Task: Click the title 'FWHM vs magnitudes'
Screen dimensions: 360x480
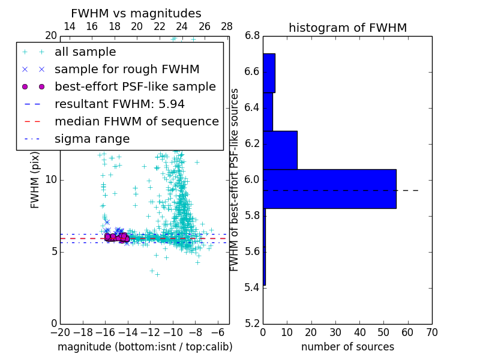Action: click(x=136, y=14)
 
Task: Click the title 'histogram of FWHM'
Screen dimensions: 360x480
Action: click(x=347, y=28)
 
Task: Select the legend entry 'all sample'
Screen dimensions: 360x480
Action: click(x=85, y=52)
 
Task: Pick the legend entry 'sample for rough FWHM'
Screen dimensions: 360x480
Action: click(x=127, y=69)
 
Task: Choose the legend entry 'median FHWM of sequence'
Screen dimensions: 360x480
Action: click(x=136, y=121)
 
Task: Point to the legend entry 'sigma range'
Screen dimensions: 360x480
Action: click(x=92, y=139)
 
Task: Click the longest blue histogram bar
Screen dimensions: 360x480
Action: click(x=329, y=188)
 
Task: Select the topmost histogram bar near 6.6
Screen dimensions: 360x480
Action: click(x=269, y=73)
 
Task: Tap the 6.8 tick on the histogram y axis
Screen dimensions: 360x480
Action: click(x=253, y=36)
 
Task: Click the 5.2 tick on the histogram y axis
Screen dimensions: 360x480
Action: click(x=253, y=323)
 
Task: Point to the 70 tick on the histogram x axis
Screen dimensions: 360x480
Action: click(x=431, y=332)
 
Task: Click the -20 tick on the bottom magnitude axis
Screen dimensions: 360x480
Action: click(x=60, y=332)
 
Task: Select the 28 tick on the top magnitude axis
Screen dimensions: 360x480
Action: click(x=227, y=26)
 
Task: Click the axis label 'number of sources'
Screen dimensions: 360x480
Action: click(x=347, y=347)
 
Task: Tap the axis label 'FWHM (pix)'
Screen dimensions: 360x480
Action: click(x=35, y=179)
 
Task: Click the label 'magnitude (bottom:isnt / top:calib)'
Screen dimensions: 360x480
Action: click(x=145, y=347)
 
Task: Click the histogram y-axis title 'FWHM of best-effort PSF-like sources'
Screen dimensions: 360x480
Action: click(x=235, y=179)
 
